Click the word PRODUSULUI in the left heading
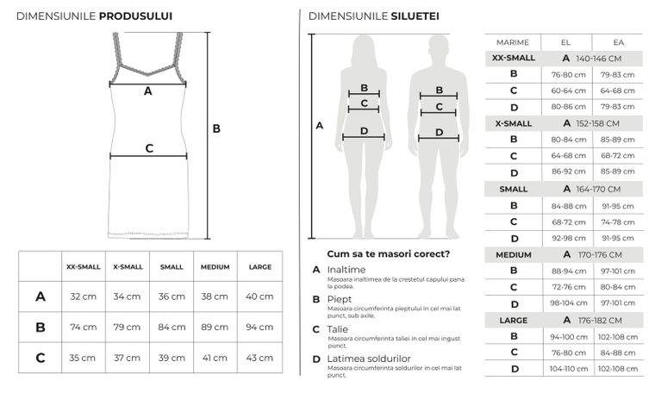136,16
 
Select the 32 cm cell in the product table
83,296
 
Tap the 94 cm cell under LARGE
259,327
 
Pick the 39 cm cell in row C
172,358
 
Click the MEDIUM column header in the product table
215,267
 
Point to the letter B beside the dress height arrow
217,128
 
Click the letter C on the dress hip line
149,148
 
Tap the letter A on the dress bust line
147,90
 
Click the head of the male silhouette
440,48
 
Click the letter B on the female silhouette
365,88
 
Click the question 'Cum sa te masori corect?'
389,253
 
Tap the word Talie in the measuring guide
337,328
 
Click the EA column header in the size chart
618,42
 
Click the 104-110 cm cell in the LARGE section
569,368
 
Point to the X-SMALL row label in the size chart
513,123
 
